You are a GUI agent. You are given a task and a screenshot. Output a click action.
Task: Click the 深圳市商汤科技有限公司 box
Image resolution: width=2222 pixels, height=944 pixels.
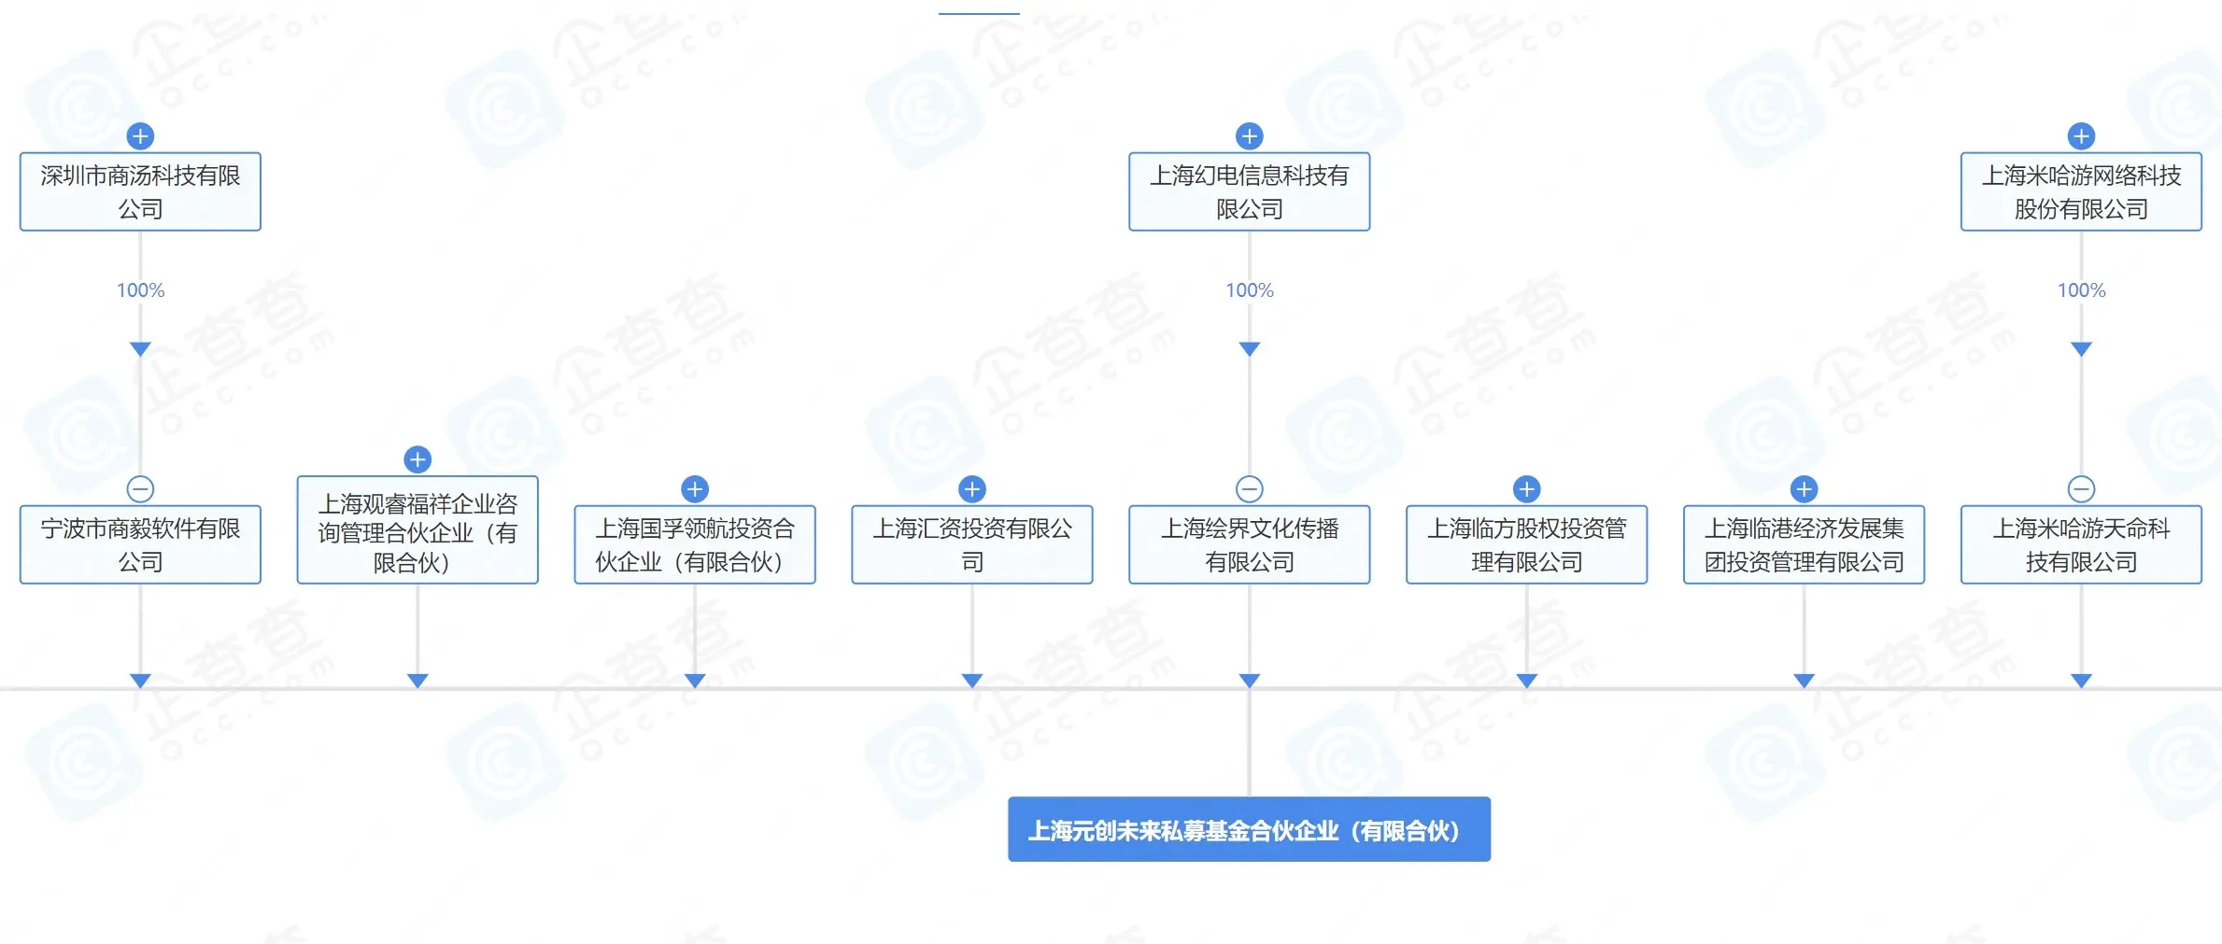coord(140,191)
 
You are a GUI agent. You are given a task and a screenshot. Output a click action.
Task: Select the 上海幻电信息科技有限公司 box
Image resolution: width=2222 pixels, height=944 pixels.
coord(1249,191)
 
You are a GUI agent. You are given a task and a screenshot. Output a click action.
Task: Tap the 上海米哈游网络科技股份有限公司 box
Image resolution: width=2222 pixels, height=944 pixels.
coord(2080,191)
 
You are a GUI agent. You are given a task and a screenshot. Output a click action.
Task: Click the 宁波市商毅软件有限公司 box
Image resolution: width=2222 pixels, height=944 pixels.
coord(140,544)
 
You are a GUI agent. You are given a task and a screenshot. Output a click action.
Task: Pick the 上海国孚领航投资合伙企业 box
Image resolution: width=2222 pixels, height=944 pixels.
coord(694,544)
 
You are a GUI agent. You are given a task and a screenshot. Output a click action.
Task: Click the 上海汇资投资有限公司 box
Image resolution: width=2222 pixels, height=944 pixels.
coord(971,544)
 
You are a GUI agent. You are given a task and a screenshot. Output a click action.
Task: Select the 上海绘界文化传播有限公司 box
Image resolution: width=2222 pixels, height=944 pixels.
coord(1249,544)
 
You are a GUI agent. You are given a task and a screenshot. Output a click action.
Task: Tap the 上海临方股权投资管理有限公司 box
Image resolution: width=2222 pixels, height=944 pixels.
coord(1526,544)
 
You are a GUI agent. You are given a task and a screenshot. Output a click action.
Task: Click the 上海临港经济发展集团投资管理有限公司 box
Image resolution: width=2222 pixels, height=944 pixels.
coord(1804,544)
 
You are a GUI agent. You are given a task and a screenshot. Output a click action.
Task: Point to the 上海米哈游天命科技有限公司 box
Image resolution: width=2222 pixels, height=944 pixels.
coord(2080,544)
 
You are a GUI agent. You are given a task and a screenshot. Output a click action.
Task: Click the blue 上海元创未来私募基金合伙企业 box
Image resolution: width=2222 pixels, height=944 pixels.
coord(1249,829)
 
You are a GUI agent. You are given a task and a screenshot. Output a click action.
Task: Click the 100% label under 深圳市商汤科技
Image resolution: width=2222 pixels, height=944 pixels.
coord(140,290)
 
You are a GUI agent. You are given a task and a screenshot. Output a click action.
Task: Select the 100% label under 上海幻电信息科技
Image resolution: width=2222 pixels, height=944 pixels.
coord(1249,290)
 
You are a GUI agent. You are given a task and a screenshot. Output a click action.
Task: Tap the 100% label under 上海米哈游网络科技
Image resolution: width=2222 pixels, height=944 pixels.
coord(2081,290)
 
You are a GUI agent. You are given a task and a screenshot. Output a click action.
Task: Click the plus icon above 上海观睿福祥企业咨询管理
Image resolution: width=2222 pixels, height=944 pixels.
coord(418,459)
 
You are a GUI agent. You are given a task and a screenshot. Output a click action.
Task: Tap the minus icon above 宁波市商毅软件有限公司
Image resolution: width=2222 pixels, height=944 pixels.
coord(140,488)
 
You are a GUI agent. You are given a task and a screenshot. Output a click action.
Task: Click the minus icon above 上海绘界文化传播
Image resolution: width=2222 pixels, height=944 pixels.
coord(1249,488)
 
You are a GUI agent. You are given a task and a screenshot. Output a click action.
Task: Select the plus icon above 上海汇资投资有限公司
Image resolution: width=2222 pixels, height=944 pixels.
coord(972,488)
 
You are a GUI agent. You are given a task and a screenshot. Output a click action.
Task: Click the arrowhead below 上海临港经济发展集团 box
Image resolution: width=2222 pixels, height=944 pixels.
coord(1804,681)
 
